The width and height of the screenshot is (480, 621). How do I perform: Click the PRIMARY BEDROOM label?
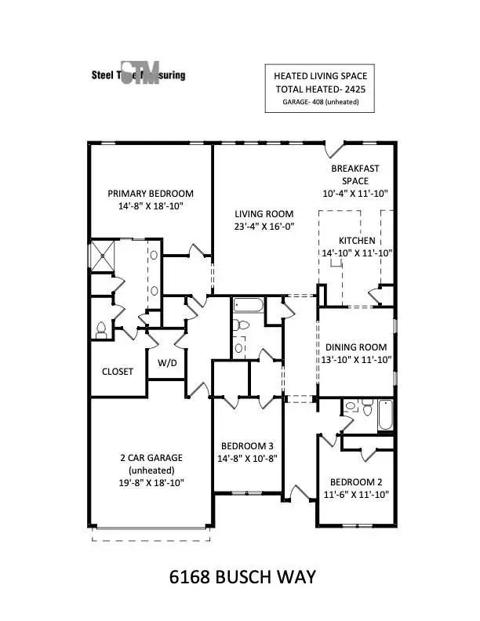click(x=150, y=194)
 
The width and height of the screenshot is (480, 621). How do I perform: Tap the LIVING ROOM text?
click(x=264, y=213)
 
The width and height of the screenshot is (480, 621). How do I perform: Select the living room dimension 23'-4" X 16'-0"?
click(x=264, y=227)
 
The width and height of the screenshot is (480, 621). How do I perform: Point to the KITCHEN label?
click(x=357, y=240)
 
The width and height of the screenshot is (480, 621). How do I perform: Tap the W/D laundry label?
click(x=167, y=363)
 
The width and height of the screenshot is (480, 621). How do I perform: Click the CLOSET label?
click(x=117, y=371)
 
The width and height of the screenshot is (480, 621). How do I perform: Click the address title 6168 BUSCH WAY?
click(x=242, y=577)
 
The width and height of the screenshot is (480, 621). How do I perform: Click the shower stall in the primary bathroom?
click(x=102, y=255)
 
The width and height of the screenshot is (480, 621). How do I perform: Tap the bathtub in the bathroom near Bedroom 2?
click(x=384, y=416)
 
